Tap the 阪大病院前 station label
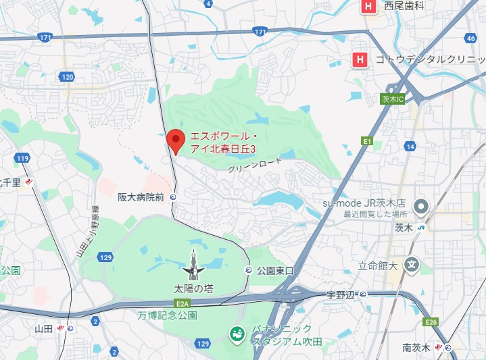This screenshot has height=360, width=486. click(x=141, y=197)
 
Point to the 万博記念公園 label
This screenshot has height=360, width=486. click(x=167, y=315)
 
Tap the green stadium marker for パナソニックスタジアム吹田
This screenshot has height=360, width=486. click(x=237, y=334)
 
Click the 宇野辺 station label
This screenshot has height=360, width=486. click(x=341, y=294)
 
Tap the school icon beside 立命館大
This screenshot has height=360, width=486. click(x=410, y=264)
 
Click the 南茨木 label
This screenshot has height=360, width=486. click(x=416, y=348)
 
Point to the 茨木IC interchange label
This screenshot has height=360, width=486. click(x=392, y=99)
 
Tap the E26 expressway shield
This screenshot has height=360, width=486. click(x=431, y=322)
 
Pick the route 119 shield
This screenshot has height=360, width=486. click(x=23, y=158)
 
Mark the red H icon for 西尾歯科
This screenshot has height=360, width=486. click(x=368, y=7)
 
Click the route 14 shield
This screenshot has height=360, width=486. click(x=411, y=146)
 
